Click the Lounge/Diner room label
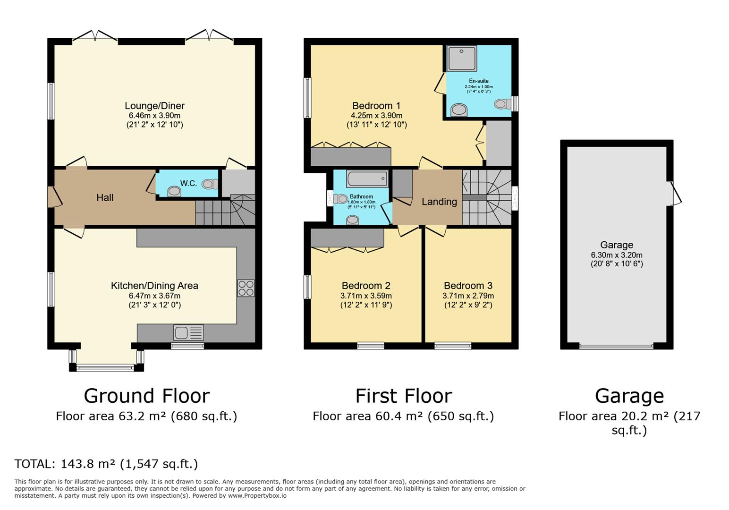[154, 106]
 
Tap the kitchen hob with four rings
[246, 288]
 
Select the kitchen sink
[188, 333]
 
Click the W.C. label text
[188, 183]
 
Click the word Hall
[105, 197]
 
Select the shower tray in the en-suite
[461, 58]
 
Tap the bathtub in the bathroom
[367, 179]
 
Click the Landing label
[439, 202]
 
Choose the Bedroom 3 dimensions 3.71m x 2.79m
[468, 296]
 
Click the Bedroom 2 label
[366, 286]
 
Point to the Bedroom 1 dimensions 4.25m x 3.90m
[376, 115]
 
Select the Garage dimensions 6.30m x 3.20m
[616, 255]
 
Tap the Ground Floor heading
[146, 396]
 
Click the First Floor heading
[403, 396]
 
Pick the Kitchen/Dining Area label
[154, 286]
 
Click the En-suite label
[478, 81]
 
